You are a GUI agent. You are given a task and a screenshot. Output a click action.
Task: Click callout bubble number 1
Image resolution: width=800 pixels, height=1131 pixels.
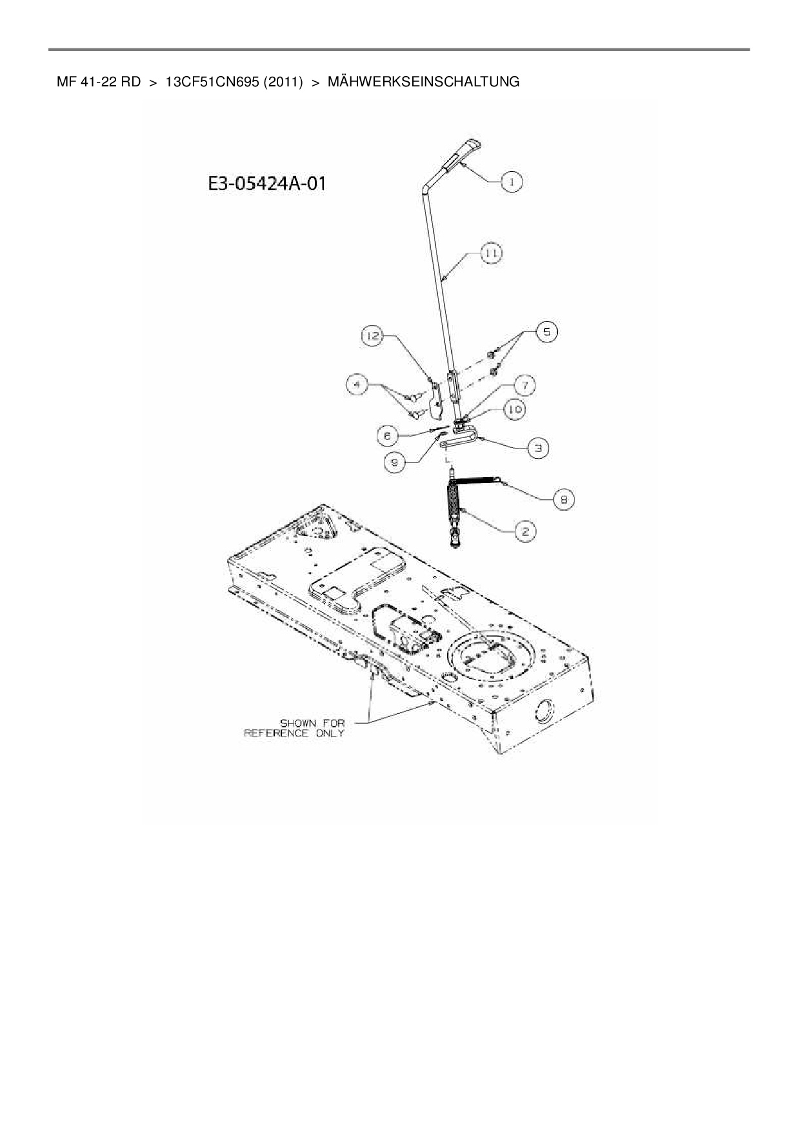512,182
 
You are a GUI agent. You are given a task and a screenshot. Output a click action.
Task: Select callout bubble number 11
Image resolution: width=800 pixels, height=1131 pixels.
492,253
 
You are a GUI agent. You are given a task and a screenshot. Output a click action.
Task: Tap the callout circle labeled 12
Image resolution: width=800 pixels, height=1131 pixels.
372,336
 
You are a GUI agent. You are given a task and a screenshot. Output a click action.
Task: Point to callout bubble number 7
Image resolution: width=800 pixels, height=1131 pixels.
525,386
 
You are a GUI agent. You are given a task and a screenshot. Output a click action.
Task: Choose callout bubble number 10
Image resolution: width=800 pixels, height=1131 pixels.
515,409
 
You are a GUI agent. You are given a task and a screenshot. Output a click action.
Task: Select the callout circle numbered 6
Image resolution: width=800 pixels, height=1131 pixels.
387,436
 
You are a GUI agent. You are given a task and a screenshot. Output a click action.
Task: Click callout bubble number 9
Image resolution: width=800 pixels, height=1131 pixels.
394,462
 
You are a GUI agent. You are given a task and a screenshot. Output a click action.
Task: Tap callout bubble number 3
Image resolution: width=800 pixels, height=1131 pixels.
538,447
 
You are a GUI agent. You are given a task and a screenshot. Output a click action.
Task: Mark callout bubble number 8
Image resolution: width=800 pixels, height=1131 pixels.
563,499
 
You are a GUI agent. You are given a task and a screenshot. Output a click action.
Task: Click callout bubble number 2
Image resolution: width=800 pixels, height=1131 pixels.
525,531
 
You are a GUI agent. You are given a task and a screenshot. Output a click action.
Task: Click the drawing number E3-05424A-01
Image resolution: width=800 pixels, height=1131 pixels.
266,184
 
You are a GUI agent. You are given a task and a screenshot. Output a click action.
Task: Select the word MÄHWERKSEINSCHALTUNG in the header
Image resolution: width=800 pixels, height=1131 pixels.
423,82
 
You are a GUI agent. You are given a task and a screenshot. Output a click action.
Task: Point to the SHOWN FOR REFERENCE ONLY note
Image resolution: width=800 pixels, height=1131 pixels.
294,728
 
